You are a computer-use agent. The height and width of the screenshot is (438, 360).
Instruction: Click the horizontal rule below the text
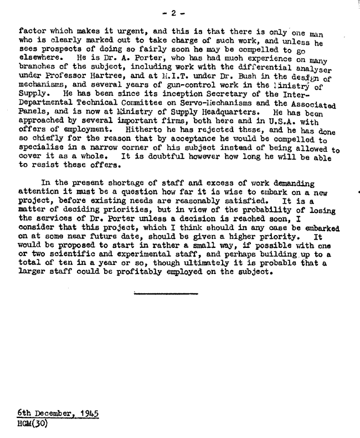[x=166, y=292]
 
